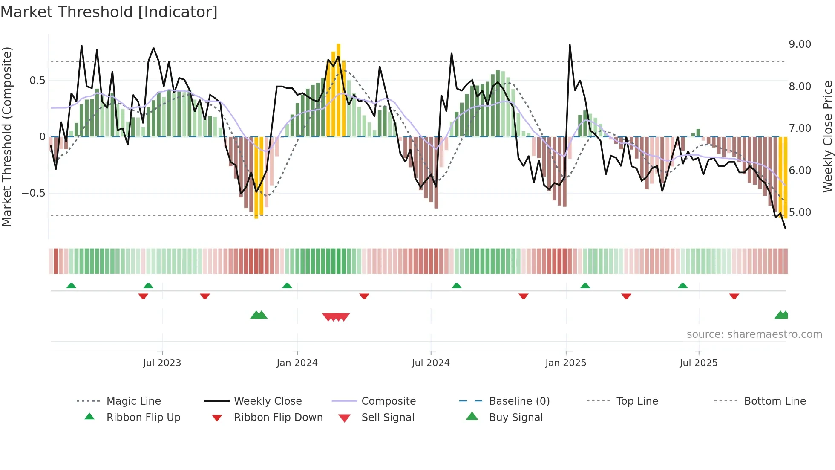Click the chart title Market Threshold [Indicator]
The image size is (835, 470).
pos(109,12)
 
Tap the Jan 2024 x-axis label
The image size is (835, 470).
pos(297,363)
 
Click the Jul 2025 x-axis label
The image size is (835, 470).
pos(698,363)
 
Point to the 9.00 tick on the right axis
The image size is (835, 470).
pos(800,44)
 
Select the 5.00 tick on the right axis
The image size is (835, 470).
pos(800,212)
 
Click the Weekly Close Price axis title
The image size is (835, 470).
pos(827,136)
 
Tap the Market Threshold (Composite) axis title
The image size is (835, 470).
pos(7,136)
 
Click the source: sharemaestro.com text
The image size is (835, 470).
pos(754,334)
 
